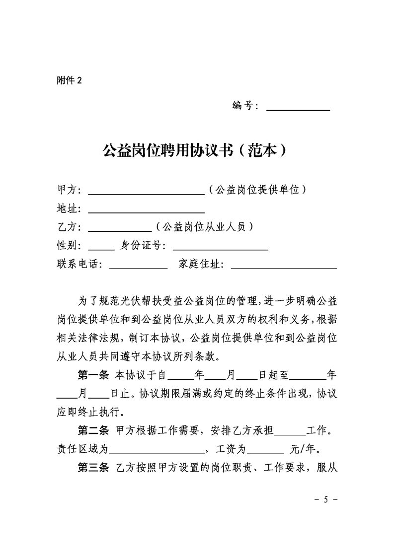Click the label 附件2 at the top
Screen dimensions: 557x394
click(x=69, y=81)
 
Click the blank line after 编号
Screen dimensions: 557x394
click(x=298, y=107)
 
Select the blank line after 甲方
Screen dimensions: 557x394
click(x=146, y=191)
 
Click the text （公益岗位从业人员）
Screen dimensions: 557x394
click(x=205, y=227)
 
